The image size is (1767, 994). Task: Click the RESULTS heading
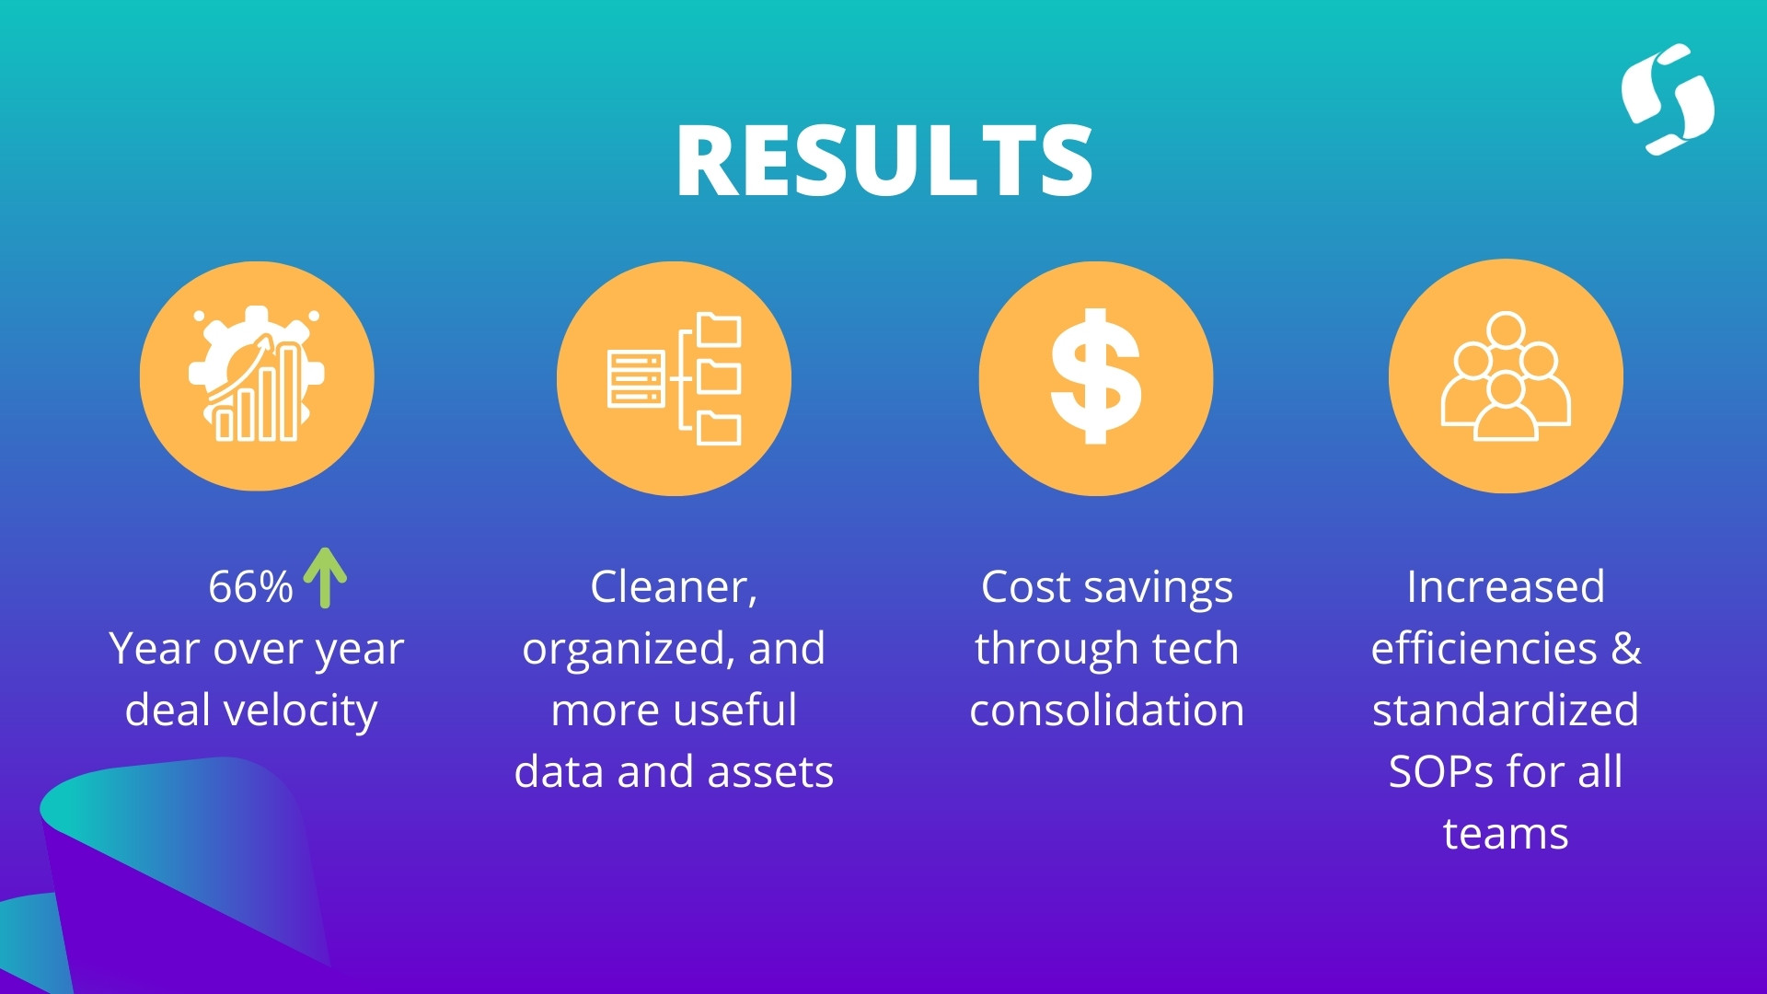[884, 160]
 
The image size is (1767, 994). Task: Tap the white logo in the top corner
[1668, 99]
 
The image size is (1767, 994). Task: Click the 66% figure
[250, 586]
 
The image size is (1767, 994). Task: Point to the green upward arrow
[325, 578]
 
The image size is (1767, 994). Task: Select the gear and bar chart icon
[257, 376]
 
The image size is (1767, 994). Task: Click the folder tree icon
[674, 378]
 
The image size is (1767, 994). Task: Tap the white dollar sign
[1096, 376]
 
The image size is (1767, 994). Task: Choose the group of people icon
[1506, 376]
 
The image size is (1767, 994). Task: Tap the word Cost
[1026, 587]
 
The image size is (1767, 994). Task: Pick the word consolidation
[1107, 710]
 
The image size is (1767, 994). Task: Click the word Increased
[1506, 586]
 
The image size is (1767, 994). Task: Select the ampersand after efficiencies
[1626, 648]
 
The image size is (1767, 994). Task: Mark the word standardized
[1506, 710]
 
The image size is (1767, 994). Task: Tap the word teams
[1506, 834]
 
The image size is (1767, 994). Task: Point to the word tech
[1195, 648]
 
